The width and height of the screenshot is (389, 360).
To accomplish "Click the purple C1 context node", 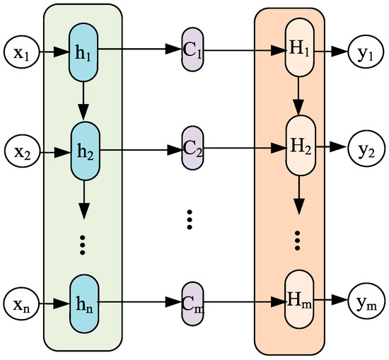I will tap(192, 51).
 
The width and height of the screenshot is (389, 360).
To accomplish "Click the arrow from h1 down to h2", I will tap(83, 101).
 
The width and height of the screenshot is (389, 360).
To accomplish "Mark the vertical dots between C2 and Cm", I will tap(190, 219).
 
